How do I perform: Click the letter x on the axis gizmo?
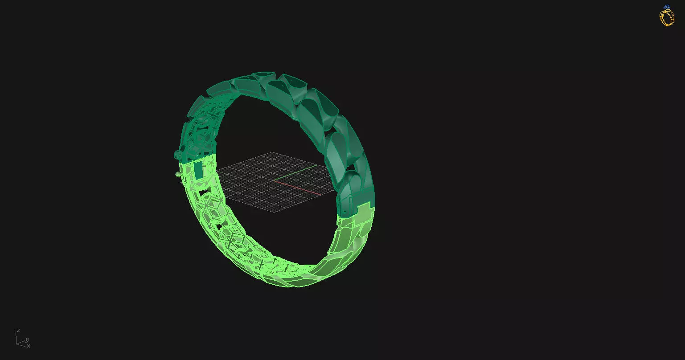click(28, 346)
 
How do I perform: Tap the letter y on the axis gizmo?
click(27, 340)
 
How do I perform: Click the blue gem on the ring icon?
click(667, 7)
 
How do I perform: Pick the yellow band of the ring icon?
click(667, 18)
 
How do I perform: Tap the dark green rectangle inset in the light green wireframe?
click(197, 170)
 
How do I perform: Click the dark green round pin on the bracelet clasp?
click(176, 155)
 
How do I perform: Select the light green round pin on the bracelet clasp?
click(178, 174)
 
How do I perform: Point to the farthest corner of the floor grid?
click(272, 152)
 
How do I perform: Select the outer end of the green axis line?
click(317, 165)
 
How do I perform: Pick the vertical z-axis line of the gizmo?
click(17, 338)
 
